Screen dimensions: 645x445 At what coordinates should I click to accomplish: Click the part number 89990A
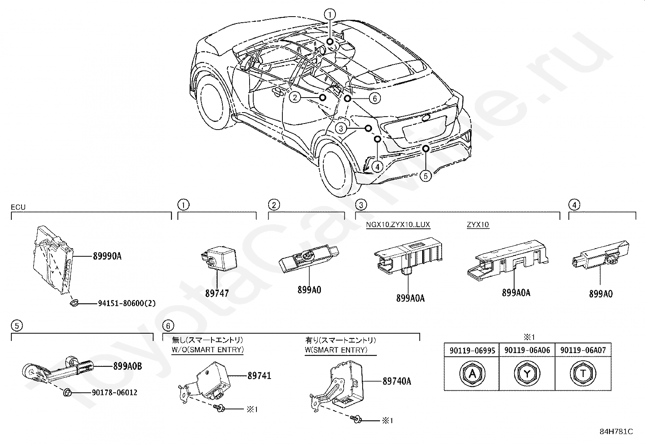point(107,256)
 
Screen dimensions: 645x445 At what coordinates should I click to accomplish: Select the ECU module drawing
point(53,260)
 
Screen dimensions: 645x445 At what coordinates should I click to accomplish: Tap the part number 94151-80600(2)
point(127,303)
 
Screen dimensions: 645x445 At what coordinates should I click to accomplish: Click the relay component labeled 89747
point(218,258)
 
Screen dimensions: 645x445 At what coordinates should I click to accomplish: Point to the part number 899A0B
point(128,366)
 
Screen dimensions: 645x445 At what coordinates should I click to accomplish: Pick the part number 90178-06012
point(115,393)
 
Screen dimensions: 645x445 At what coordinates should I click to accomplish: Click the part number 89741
point(259,376)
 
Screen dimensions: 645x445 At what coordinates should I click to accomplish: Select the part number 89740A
point(397,381)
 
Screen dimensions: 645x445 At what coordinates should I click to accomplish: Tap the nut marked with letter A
point(472,374)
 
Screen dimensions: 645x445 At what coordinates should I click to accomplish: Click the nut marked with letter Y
point(527,374)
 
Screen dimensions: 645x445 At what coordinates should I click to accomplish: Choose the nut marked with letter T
point(583,374)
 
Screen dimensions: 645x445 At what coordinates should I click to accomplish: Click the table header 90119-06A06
point(527,350)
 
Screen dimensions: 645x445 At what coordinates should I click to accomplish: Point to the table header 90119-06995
point(472,350)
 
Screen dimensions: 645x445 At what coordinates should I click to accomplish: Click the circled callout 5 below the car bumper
point(425,176)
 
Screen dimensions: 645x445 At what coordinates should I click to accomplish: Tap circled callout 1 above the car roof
point(330,14)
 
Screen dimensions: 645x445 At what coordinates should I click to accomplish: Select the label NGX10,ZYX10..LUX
point(398,224)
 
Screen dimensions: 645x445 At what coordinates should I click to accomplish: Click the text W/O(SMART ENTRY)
point(208,350)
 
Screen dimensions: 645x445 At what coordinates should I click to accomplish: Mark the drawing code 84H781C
point(617,432)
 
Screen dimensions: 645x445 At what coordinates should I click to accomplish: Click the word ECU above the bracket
point(18,207)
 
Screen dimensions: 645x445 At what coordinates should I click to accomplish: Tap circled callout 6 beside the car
point(375,98)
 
